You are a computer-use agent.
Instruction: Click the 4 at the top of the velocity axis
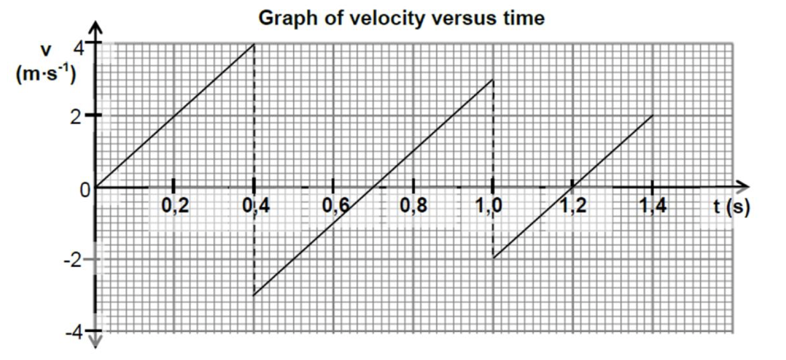[80, 47]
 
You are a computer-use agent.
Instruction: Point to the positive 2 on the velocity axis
[76, 117]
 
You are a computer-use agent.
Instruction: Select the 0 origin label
[85, 190]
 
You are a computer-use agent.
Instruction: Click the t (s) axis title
[731, 207]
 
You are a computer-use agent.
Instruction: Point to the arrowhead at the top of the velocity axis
[96, 28]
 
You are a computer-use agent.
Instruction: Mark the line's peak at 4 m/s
[254, 44]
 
